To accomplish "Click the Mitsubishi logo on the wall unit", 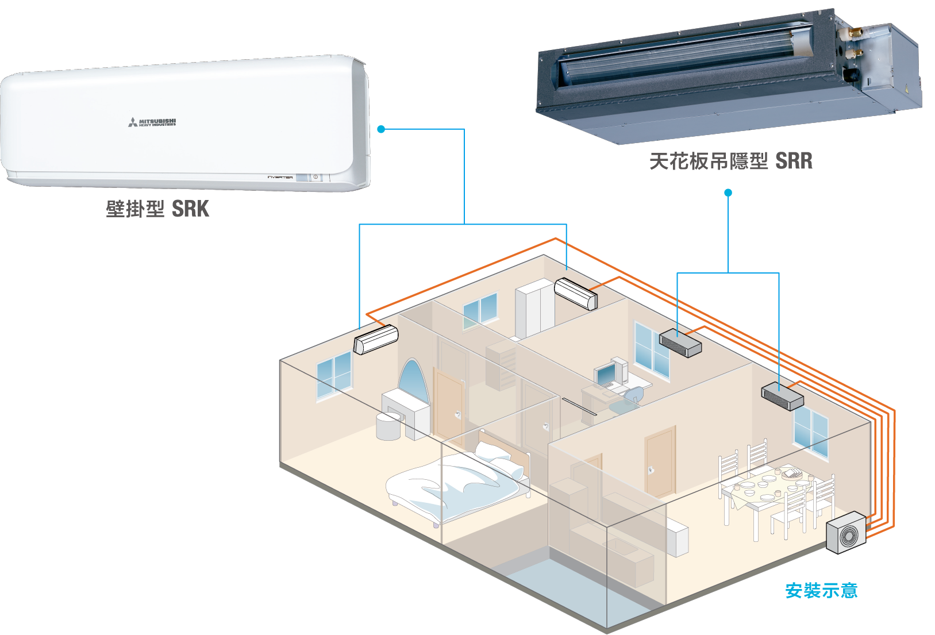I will [152, 122].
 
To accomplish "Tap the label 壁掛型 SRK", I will [157, 209].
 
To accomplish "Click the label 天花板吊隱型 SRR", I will [731, 161].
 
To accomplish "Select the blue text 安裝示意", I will [821, 591].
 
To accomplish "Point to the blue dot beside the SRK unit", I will [381, 129].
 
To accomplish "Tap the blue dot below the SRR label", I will [728, 193].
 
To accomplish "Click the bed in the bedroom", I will [454, 483].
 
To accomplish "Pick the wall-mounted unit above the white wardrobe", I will [576, 294].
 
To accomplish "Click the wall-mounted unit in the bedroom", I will [376, 340].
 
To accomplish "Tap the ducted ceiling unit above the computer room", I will [680, 342].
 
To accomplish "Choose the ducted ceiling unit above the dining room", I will [782, 396].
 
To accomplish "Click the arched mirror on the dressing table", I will [413, 382].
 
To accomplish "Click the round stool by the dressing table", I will [388, 426].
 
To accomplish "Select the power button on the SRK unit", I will [315, 177].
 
